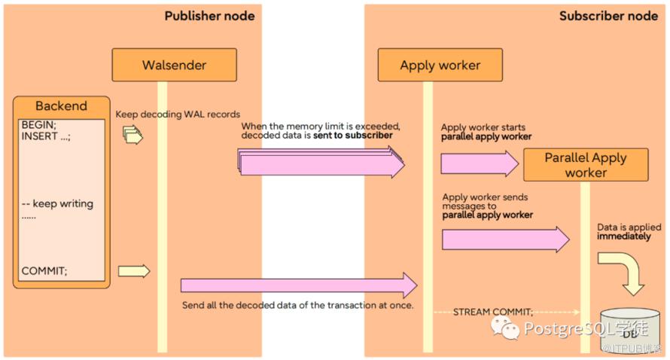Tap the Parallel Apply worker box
(x=585, y=165)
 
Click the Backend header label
(x=61, y=106)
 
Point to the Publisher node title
(x=209, y=15)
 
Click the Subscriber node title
(x=608, y=15)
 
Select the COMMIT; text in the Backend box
(x=44, y=271)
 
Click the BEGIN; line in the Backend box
(x=38, y=124)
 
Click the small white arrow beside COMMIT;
(x=134, y=271)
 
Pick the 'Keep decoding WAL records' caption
(x=178, y=114)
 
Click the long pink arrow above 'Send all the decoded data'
(x=298, y=285)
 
